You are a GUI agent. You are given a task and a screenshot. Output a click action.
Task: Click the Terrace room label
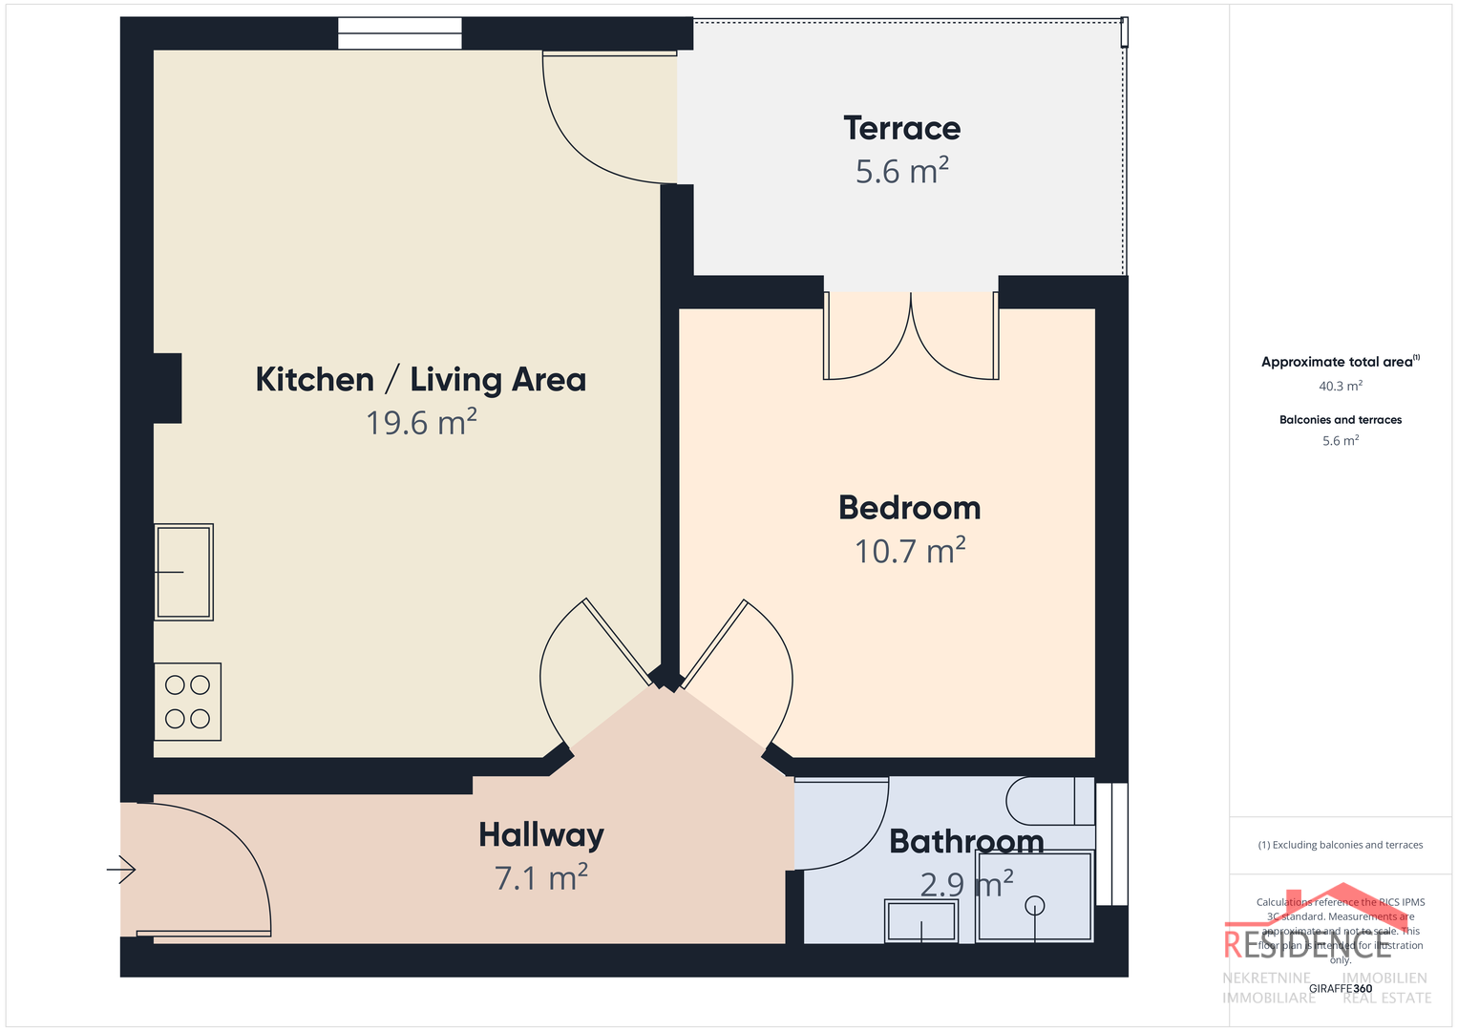point(901,128)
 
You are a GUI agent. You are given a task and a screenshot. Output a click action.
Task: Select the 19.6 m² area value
point(421,423)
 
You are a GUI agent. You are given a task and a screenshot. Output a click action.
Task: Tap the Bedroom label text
point(909,508)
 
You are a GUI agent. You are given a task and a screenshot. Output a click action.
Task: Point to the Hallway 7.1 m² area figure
point(540,877)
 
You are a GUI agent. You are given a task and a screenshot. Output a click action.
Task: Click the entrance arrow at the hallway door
point(121,870)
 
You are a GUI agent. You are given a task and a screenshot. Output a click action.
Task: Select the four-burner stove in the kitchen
point(187,702)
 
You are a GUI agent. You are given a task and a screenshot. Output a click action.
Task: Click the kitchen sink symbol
point(183,572)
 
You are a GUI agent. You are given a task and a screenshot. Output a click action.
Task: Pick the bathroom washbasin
point(921,921)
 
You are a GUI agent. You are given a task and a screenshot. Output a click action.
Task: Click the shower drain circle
point(1034,905)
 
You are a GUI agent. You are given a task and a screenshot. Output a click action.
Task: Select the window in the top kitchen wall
point(399,33)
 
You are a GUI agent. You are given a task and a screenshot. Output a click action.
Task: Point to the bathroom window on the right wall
point(1111,844)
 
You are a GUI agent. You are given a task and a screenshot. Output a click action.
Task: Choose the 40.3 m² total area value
point(1340,387)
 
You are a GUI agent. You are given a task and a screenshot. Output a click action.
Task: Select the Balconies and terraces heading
point(1340,420)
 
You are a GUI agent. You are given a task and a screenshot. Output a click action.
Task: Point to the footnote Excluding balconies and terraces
point(1340,845)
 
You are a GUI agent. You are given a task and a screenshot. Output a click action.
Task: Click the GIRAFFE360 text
point(1340,988)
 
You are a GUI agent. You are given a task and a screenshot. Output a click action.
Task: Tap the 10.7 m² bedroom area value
point(909,552)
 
